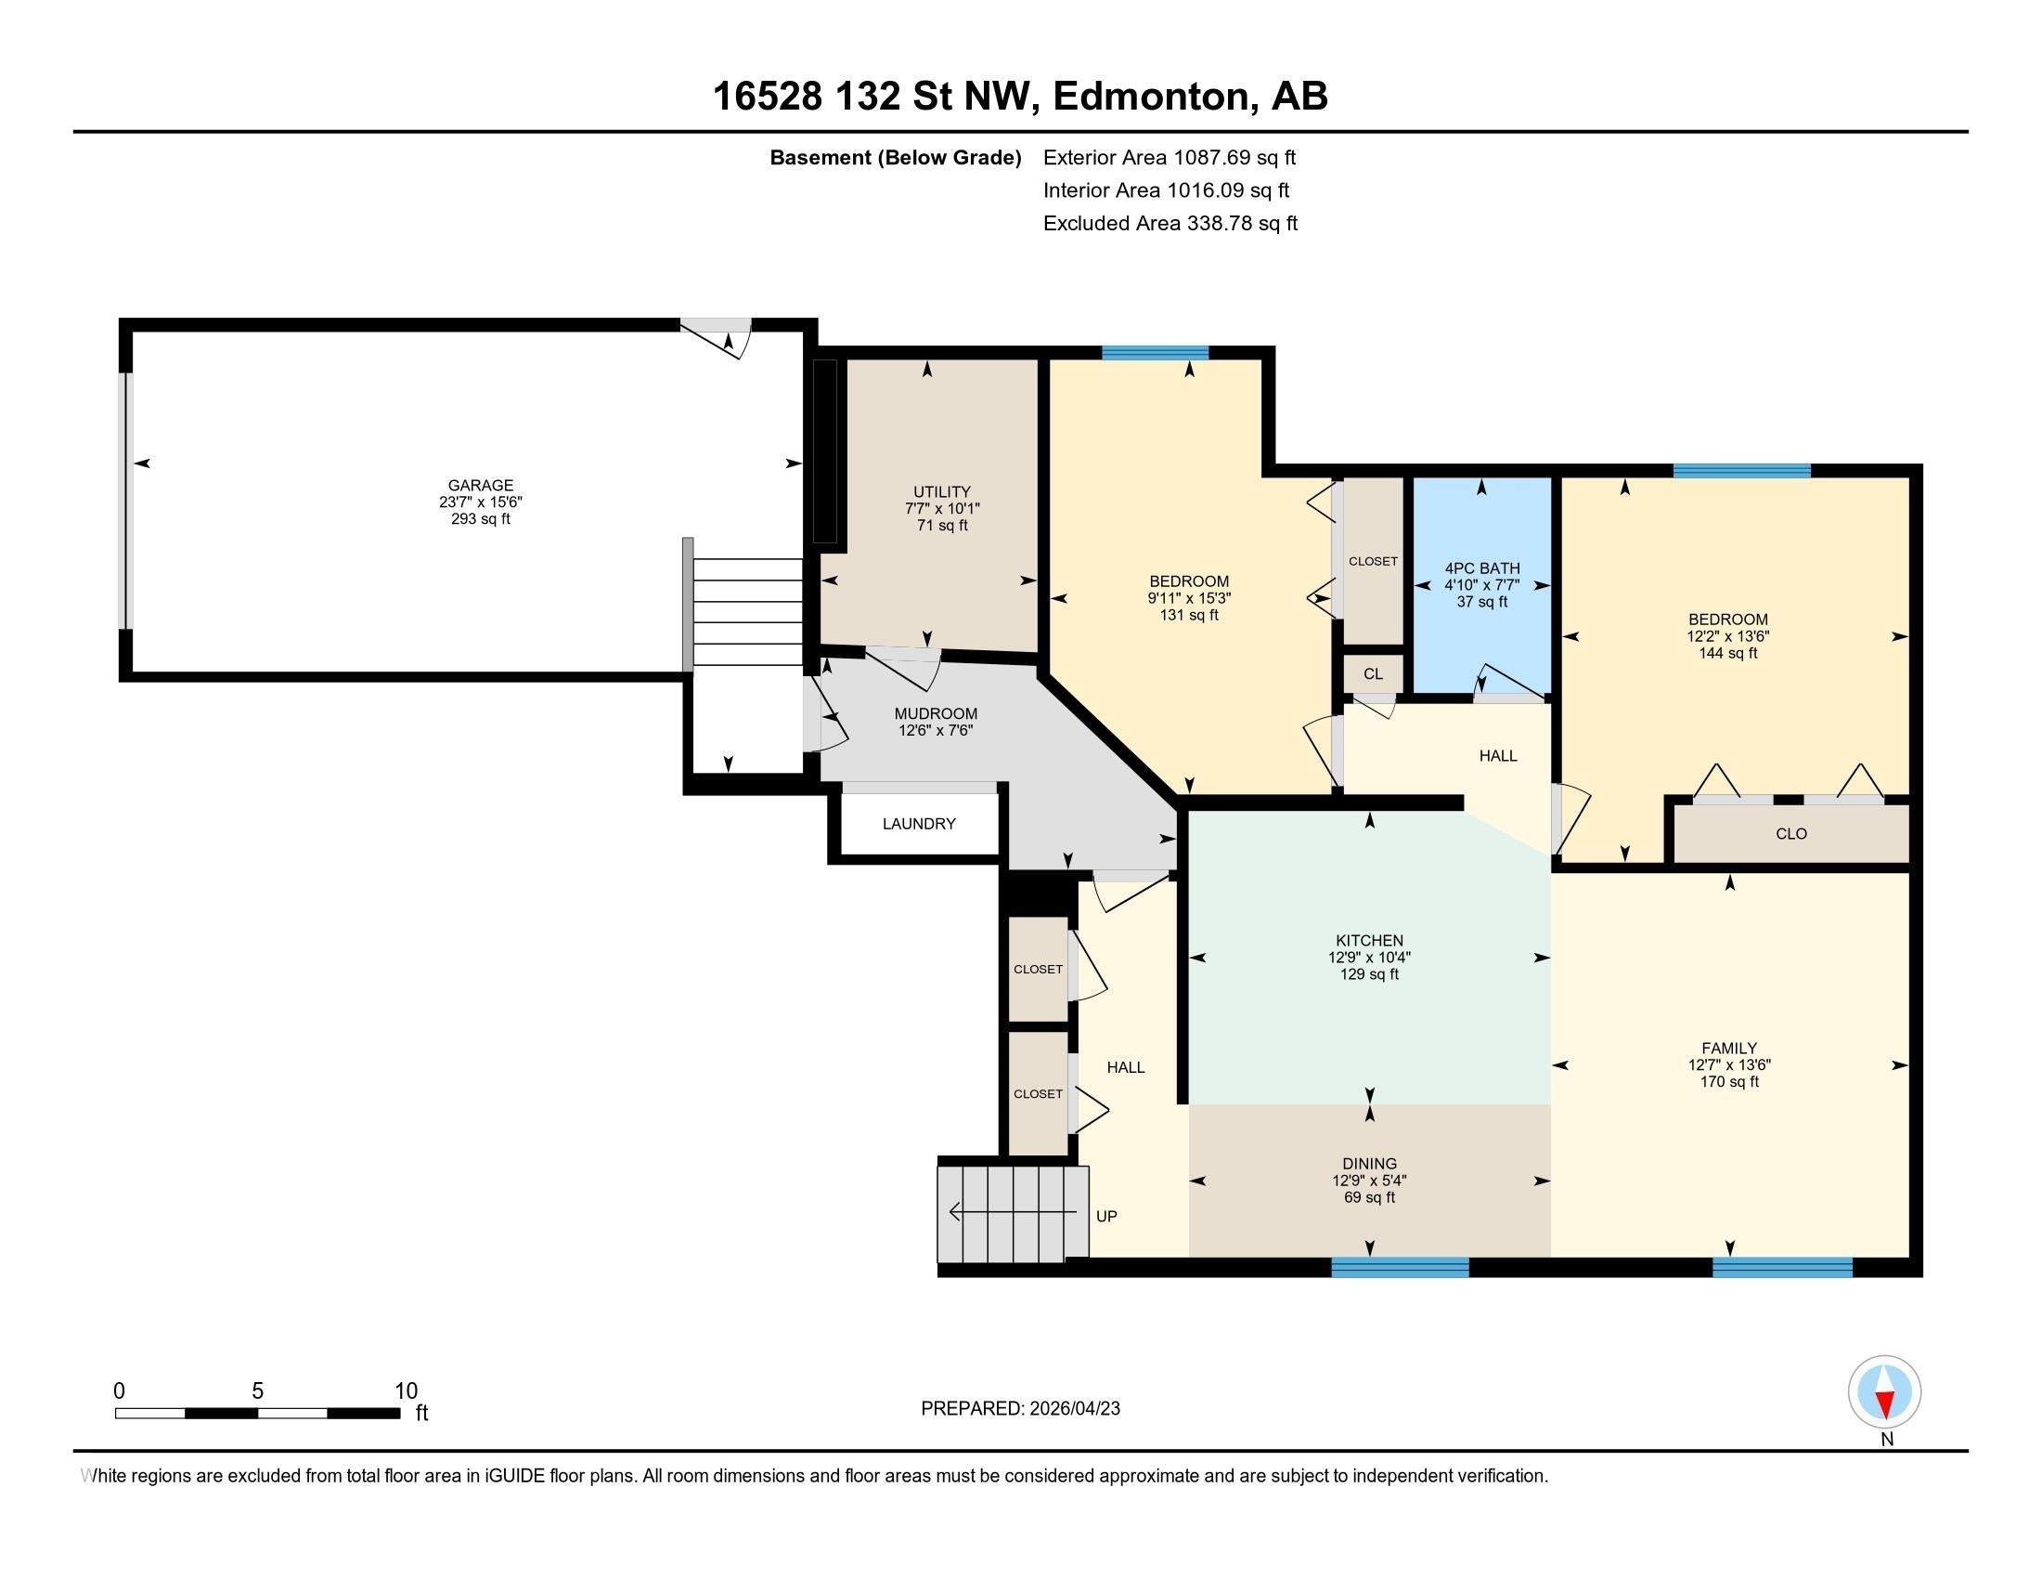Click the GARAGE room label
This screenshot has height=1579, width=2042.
pyautogui.click(x=481, y=485)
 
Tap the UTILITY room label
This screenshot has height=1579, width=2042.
pyautogui.click(x=941, y=491)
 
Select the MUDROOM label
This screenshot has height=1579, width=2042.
pyautogui.click(x=936, y=713)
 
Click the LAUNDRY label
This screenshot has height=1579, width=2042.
pyautogui.click(x=919, y=823)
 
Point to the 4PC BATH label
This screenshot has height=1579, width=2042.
pyautogui.click(x=1482, y=568)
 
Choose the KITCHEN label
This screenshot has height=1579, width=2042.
pyautogui.click(x=1370, y=940)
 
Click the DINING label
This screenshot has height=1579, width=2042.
pyautogui.click(x=1370, y=1164)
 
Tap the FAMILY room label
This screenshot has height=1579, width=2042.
pyautogui.click(x=1729, y=1048)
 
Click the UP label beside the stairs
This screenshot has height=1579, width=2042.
pyautogui.click(x=1106, y=1216)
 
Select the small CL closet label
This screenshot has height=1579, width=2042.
pyautogui.click(x=1373, y=673)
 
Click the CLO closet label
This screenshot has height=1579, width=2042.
pyautogui.click(x=1791, y=833)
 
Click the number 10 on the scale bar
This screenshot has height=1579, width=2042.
pyautogui.click(x=406, y=1391)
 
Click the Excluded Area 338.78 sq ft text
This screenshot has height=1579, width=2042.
pyautogui.click(x=1170, y=224)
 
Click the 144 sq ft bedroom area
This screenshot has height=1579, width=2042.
pyautogui.click(x=1728, y=653)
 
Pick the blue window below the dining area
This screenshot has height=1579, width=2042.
pyautogui.click(x=1400, y=1268)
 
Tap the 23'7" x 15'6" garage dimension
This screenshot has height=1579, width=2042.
pyautogui.click(x=481, y=502)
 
